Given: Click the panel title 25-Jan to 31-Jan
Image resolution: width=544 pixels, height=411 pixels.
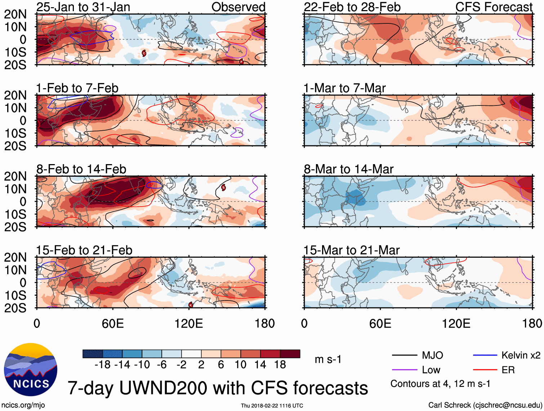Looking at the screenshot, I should pos(83,7).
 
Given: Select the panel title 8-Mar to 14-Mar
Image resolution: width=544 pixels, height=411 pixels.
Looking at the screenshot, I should pos(348,169).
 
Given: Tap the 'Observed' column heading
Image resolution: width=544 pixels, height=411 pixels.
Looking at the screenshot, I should pos(238,7).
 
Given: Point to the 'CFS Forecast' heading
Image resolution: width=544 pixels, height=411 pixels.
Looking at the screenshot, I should pos(494,7).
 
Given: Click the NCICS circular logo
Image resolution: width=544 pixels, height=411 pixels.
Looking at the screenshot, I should pos(31,370).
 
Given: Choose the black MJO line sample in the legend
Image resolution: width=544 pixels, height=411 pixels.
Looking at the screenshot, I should pos(404,356).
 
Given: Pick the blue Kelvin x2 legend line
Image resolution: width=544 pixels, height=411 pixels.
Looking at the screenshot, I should pos(485,356).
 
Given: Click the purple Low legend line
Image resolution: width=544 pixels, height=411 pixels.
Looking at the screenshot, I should pos(404,370).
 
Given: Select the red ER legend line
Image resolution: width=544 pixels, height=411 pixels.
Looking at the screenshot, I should pos(485,370).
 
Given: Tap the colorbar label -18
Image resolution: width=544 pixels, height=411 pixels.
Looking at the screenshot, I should pos(102,365).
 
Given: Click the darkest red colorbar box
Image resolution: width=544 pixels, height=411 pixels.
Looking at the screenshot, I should pos(290,354).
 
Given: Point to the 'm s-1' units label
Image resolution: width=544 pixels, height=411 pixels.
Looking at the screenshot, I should pos(328,360).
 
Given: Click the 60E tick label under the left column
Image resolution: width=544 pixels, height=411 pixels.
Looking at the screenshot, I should pos(113,324).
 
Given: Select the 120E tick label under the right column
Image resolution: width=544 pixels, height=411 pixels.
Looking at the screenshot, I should pos(456,324).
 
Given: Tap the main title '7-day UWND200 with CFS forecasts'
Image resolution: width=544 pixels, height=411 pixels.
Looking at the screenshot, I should pos(218,388).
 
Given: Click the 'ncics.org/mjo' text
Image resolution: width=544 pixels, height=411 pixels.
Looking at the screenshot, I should pos(23,405).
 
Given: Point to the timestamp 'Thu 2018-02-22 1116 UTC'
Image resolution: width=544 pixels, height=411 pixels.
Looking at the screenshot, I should pos(272,406).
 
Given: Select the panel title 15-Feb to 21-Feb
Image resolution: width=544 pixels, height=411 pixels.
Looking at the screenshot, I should pos(84,250).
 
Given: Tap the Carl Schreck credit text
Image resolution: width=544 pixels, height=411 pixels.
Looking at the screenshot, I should pos(485,405).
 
